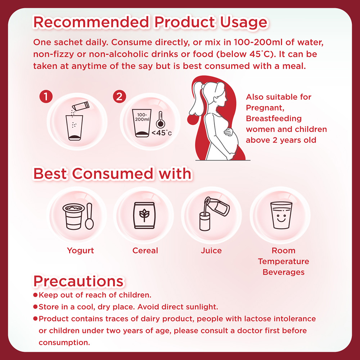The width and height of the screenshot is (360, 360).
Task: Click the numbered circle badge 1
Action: pyautogui.click(x=46, y=96)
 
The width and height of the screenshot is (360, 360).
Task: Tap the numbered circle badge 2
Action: pyautogui.click(x=120, y=96)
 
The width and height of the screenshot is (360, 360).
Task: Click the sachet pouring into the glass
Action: pyautogui.click(x=81, y=106)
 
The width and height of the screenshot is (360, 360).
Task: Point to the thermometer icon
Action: pyautogui.click(x=160, y=120)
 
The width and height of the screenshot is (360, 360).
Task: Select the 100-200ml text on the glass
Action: pyautogui.click(x=142, y=117)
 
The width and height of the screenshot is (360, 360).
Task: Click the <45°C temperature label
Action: pyautogui.click(x=162, y=133)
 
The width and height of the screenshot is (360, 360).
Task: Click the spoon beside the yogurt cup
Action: pyautogui.click(x=89, y=216)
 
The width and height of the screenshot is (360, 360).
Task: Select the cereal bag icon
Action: pyautogui.click(x=144, y=215)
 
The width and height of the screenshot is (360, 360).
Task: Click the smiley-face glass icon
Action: pyautogui.click(x=281, y=215)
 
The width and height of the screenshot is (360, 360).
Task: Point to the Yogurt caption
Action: pyautogui.click(x=80, y=251)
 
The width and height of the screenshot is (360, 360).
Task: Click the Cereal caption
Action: pyautogui.click(x=145, y=251)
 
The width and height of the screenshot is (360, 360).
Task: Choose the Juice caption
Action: pyautogui.click(x=211, y=251)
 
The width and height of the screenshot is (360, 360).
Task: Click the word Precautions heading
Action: pyautogui.click(x=78, y=281)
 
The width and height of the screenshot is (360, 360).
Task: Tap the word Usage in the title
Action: pyautogui.click(x=244, y=22)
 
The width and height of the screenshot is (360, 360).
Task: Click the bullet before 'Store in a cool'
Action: pyautogui.click(x=35, y=306)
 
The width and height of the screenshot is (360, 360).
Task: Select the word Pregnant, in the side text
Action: pyautogui.click(x=265, y=108)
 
